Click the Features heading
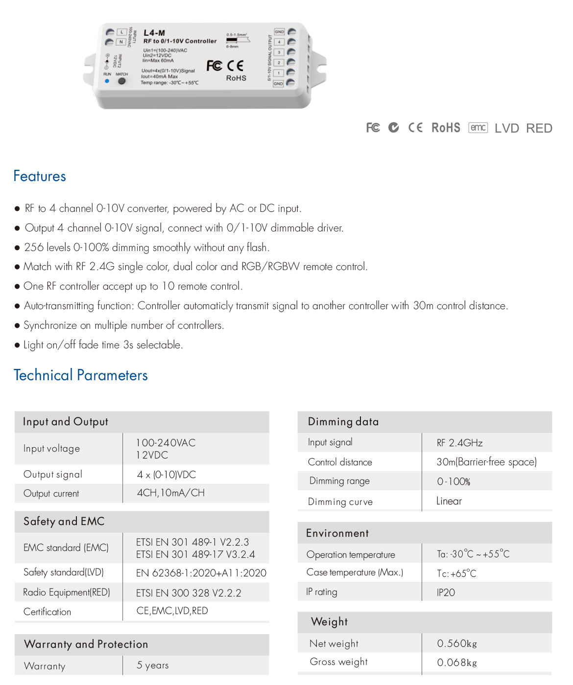40,176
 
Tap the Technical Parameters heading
81,375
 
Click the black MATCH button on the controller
121,81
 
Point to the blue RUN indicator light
107,81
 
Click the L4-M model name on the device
154,33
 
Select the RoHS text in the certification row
446,128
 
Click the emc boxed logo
478,128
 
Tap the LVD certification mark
506,128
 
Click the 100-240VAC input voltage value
166,443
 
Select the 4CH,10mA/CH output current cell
170,493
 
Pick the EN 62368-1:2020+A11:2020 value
201,573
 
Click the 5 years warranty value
152,665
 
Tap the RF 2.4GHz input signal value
459,443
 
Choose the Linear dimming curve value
449,501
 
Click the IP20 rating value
446,593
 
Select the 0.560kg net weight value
456,643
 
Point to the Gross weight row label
338,662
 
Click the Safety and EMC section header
64,522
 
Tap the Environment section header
337,533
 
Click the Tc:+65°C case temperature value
456,573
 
